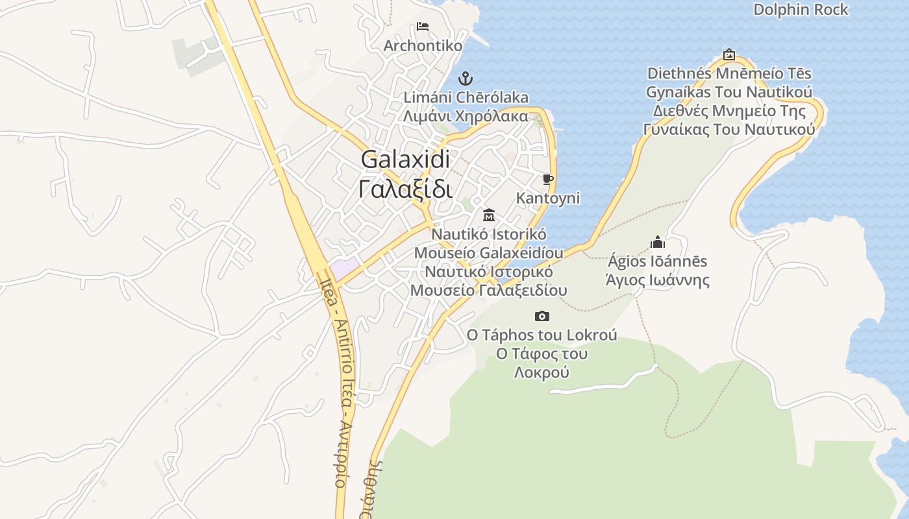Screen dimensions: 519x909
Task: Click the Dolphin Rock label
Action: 801,10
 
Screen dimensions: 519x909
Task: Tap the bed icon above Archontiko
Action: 423,27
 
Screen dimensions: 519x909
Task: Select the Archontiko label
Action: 423,46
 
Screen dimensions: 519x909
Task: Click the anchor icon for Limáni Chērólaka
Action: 465,78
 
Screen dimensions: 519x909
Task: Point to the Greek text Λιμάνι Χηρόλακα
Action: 466,117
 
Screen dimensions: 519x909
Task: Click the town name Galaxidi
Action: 405,160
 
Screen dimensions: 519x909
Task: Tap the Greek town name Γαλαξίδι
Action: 405,189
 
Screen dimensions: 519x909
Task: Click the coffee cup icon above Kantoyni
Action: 548,179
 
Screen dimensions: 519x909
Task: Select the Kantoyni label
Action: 548,198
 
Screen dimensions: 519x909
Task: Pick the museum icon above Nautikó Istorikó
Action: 489,215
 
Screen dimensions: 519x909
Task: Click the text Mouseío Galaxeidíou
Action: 488,252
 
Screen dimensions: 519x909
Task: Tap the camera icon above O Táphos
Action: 542,316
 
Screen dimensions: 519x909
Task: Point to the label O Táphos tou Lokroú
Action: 542,335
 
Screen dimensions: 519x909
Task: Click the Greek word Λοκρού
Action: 542,372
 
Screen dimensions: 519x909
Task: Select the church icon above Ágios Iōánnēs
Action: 658,243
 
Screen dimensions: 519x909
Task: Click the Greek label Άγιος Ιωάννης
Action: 657,280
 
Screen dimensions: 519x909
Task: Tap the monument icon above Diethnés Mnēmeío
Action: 729,54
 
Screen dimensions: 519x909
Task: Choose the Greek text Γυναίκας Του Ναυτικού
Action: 729,129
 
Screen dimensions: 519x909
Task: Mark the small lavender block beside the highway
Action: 345,267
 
